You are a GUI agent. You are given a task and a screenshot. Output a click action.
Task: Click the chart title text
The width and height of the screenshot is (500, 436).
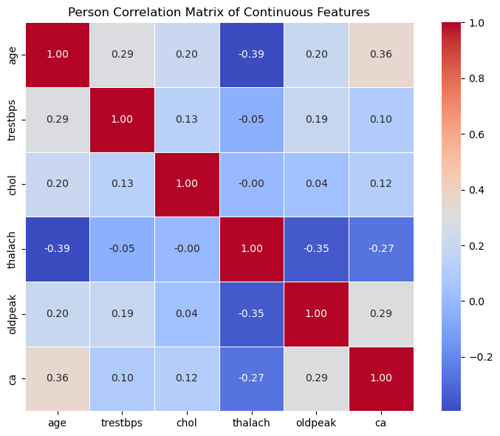(219, 12)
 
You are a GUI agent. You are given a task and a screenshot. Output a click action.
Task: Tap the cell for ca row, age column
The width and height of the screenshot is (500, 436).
(58, 378)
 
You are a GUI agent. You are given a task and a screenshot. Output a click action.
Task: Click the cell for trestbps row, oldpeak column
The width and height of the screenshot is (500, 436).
(317, 120)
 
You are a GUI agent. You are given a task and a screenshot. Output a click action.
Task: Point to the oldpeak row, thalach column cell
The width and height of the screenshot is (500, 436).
(252, 313)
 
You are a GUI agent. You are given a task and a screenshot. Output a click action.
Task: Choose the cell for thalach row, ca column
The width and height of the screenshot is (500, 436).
(381, 249)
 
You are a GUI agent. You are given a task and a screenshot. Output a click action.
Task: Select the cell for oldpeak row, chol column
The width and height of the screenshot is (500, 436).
(188, 313)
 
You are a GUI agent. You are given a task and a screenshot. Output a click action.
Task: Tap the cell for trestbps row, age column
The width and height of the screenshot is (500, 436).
(58, 120)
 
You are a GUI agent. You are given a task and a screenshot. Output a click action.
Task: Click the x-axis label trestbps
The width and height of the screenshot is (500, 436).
(123, 423)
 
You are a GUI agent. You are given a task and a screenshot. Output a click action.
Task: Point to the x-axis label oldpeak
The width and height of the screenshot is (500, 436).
(317, 423)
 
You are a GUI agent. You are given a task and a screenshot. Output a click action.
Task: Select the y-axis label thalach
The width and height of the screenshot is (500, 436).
(12, 249)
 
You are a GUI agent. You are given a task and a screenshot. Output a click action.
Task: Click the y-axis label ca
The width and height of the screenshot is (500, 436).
(12, 378)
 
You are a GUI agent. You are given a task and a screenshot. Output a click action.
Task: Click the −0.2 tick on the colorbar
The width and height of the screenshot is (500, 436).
(479, 357)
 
